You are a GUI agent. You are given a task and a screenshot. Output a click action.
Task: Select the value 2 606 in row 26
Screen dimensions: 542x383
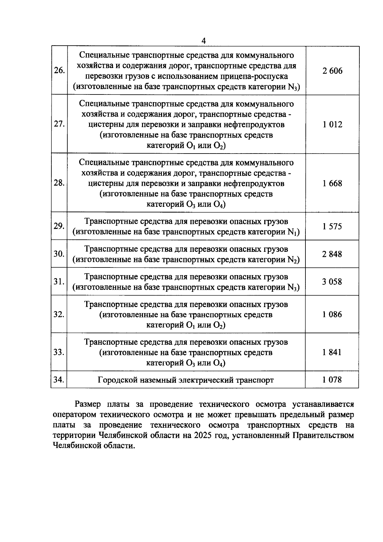pos(332,71)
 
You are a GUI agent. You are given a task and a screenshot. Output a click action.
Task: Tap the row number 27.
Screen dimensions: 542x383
pos(59,124)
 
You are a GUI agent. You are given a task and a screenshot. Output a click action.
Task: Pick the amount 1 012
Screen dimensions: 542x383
pos(332,124)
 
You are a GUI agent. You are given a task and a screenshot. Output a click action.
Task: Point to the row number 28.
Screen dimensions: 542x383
pos(59,183)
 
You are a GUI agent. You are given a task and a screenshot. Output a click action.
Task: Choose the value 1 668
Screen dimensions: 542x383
pos(332,184)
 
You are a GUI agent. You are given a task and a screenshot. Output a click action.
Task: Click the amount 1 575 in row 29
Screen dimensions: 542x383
pos(332,227)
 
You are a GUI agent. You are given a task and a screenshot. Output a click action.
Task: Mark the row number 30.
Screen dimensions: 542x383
pos(59,254)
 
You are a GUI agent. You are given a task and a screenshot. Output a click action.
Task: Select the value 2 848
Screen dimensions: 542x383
pos(332,254)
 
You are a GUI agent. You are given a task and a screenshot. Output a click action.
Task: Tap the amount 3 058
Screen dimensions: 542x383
pos(332,282)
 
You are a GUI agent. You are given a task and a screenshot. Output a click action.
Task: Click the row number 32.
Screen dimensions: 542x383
pos(59,314)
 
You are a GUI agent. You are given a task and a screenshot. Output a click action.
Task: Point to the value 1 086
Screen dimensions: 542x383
pos(332,315)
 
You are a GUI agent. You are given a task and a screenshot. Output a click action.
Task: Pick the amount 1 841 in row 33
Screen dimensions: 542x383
pos(332,352)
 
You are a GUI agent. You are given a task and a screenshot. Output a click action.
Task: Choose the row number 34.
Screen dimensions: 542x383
pos(59,380)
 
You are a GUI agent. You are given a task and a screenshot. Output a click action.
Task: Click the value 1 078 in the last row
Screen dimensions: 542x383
pos(332,380)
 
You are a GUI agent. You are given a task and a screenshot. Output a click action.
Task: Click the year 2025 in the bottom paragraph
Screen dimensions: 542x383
pos(202,436)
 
